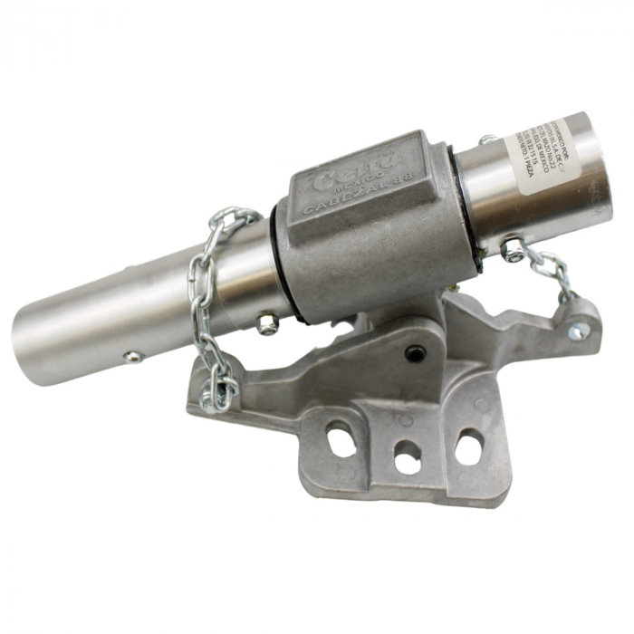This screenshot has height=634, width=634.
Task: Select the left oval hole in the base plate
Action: coord(342,441)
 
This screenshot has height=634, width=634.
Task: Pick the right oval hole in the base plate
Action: coord(469,446)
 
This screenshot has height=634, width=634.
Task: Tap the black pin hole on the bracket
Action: coord(414,354)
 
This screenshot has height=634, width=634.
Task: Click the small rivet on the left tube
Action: coord(133,357)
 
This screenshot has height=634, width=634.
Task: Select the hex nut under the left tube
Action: coord(266,323)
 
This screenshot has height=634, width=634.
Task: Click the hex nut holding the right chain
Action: coord(514,249)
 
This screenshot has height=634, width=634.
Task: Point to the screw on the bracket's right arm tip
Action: coord(576,331)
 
